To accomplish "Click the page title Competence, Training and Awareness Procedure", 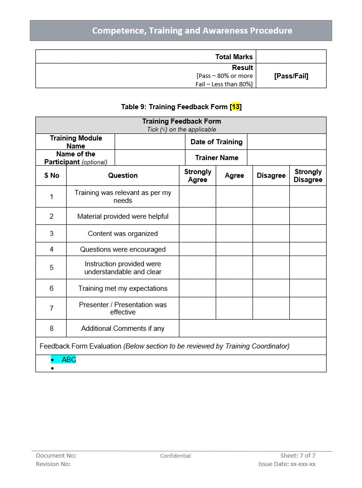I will (192, 31).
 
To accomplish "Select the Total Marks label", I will (234, 57).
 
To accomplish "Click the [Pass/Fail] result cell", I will (291, 76).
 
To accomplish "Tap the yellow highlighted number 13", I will (236, 107).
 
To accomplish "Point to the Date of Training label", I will (217, 142).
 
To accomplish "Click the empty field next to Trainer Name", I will (286, 158).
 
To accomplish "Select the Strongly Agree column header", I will (198, 176).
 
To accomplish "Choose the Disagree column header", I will (271, 176).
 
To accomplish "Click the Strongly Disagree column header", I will (308, 176).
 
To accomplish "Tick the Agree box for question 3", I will (234, 234).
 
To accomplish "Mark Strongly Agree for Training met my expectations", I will (198, 288).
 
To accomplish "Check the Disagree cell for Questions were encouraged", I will (271, 249).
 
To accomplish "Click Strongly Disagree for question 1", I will (308, 197).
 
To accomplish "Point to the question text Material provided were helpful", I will (123, 216).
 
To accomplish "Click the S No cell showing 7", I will (51, 308).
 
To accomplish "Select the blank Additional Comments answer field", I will (253, 328).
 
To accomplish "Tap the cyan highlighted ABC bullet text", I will (68, 360).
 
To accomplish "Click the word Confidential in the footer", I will (176, 456).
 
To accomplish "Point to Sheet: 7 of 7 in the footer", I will (298, 455).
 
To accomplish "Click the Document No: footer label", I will (56, 455).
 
